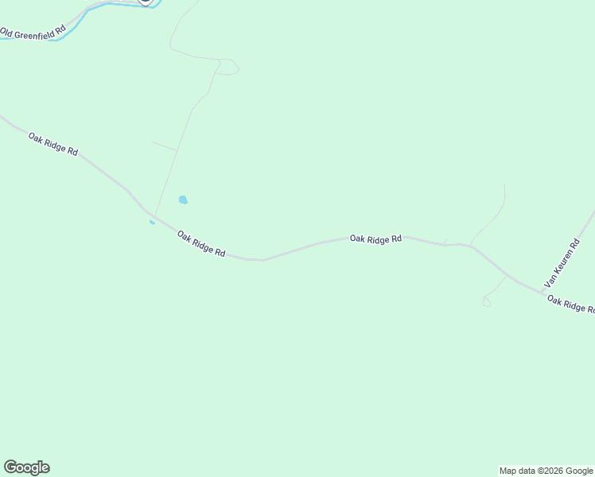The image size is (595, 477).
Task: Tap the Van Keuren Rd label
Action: [562, 262]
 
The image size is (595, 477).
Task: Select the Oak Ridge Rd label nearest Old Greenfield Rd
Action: [52, 143]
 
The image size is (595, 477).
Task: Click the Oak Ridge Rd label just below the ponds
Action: [200, 243]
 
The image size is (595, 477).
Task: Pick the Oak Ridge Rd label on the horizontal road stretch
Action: [375, 238]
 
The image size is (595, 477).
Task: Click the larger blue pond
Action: [183, 200]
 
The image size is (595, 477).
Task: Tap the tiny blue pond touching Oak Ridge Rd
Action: [152, 223]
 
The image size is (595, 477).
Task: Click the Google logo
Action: [26, 467]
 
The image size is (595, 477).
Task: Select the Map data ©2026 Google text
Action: [546, 471]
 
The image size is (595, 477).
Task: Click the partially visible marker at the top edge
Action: [145, 2]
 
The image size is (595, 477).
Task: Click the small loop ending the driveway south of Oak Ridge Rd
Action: [487, 302]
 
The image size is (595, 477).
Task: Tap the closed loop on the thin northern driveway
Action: [228, 68]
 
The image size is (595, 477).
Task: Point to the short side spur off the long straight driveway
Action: [164, 145]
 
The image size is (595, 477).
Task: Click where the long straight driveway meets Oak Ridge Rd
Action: [154, 215]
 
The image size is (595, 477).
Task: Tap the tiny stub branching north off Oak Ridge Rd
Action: [445, 242]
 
